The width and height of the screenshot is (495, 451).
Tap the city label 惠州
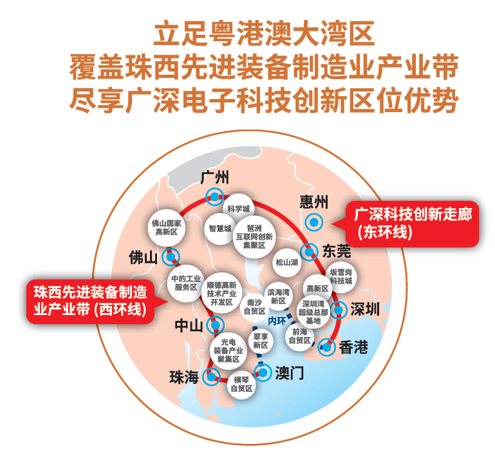point(313,202)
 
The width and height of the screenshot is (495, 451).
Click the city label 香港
point(353,347)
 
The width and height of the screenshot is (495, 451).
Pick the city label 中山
point(189,325)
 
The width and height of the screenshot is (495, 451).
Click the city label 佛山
point(143,258)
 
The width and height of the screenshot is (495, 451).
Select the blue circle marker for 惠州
point(313,222)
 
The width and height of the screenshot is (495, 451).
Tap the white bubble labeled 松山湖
point(286,263)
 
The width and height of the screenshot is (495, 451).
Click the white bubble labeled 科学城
point(238,209)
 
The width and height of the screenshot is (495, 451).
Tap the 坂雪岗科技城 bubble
point(341,276)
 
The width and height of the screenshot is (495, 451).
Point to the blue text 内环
point(277,320)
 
